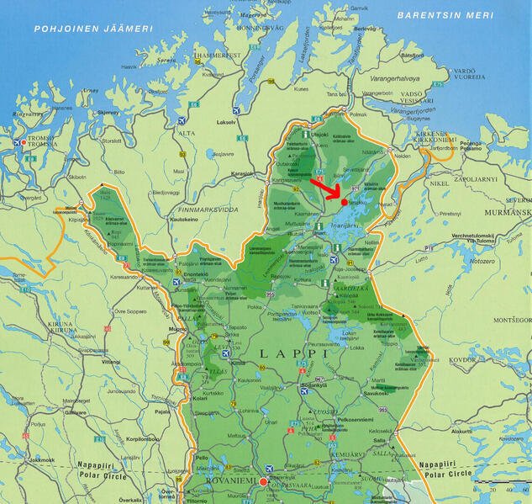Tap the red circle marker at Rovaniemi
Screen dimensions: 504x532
[263, 482]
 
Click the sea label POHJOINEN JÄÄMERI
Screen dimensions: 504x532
[93, 29]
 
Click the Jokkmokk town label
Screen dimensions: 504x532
[39, 460]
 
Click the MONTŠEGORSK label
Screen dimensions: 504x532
[512, 320]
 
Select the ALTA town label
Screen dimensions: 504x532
[185, 133]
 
